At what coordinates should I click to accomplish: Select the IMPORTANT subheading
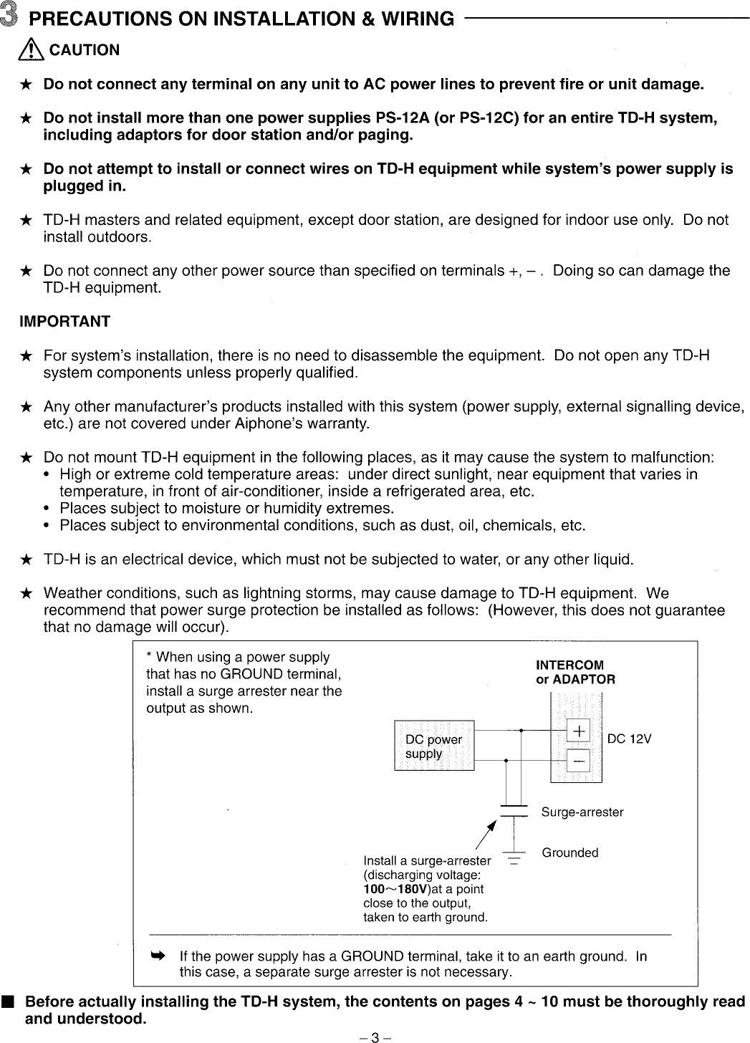click(64, 322)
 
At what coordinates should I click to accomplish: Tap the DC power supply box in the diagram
click(434, 746)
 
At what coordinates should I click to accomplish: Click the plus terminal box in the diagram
click(577, 731)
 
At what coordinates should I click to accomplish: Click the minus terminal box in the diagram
click(577, 759)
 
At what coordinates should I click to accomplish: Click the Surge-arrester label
click(582, 812)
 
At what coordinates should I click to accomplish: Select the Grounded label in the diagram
click(569, 852)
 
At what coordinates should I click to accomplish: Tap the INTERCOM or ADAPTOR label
click(575, 672)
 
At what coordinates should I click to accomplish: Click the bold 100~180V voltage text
click(396, 889)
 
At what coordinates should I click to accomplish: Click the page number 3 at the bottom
click(375, 1035)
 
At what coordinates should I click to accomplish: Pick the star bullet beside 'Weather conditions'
click(26, 594)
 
